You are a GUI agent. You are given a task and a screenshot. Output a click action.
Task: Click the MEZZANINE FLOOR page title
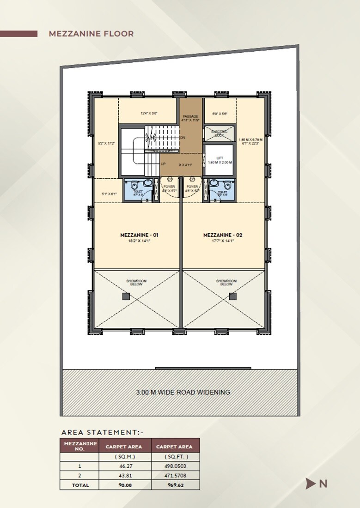(x=91, y=34)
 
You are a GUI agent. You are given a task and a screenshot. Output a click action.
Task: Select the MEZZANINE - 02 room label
(x=223, y=235)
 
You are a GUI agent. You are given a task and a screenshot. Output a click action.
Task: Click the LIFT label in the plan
(x=220, y=158)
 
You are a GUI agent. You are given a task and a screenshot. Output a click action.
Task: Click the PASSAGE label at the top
(x=190, y=116)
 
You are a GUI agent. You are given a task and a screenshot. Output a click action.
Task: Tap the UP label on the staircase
(x=163, y=164)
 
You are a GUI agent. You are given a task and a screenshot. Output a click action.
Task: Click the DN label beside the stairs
(x=183, y=138)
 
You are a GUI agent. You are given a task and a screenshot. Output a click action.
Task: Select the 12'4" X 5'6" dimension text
(x=149, y=113)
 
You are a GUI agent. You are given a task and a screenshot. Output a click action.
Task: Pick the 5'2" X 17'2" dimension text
(x=106, y=144)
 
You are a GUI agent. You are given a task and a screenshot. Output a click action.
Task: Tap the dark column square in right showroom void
(x=232, y=296)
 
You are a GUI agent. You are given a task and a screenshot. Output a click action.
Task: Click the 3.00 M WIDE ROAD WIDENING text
(x=183, y=393)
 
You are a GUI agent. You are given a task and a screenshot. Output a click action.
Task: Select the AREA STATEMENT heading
(x=103, y=432)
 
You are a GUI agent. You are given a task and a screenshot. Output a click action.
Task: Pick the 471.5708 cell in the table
(x=175, y=476)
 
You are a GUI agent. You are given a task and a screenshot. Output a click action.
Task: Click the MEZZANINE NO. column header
(x=80, y=446)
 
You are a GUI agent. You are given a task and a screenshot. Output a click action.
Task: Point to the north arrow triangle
(x=310, y=484)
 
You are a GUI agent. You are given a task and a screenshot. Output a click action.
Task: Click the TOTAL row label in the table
(x=80, y=485)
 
